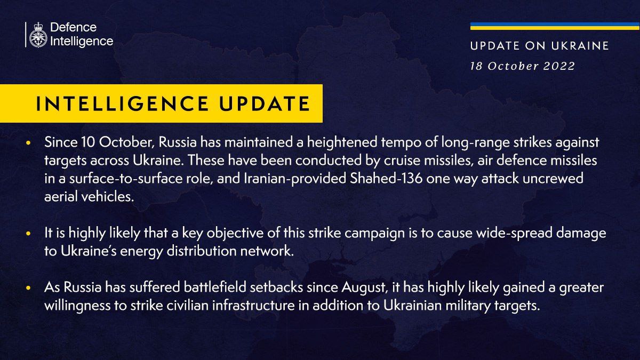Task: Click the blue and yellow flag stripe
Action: click(x=547, y=26)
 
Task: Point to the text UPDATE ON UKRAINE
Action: click(x=539, y=46)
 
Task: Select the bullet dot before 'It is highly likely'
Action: click(x=29, y=235)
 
